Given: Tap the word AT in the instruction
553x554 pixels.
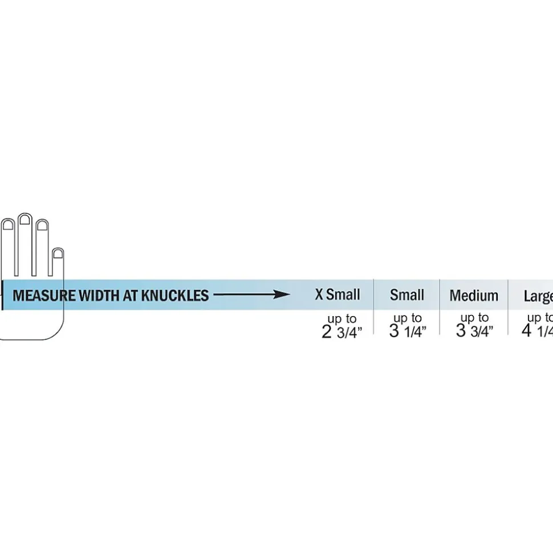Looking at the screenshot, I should pyautogui.click(x=131, y=296).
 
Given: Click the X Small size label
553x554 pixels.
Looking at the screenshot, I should pyautogui.click(x=338, y=295).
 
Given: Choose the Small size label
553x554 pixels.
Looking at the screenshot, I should pyautogui.click(x=407, y=295).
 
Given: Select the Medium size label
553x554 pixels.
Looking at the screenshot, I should pyautogui.click(x=474, y=296).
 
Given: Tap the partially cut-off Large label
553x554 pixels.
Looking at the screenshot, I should pyautogui.click(x=538, y=296).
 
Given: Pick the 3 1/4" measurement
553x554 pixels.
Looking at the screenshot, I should pyautogui.click(x=408, y=331).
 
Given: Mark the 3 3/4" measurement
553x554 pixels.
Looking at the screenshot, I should pyautogui.click(x=474, y=331).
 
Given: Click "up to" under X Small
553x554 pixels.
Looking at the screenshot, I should pyautogui.click(x=342, y=319).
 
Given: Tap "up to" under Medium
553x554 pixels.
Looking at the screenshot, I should pyautogui.click(x=474, y=318).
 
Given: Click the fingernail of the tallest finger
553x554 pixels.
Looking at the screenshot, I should pyautogui.click(x=25, y=220).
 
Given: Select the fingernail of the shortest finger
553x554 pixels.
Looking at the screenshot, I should pyautogui.click(x=57, y=253).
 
